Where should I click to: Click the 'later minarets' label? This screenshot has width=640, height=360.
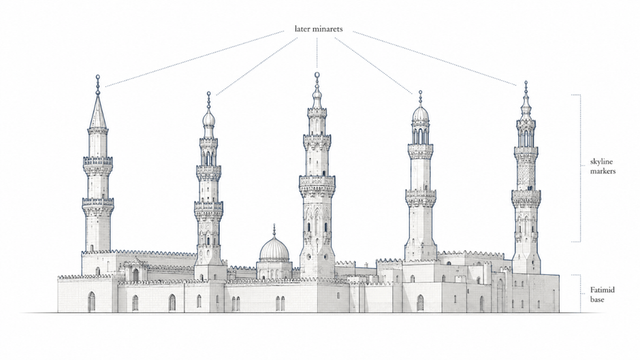[319, 29]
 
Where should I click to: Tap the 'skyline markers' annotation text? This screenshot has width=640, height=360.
[603, 166]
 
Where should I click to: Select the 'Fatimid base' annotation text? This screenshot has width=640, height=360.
[602, 295]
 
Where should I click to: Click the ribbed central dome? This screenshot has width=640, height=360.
[274, 250]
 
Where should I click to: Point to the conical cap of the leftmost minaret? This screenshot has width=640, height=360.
[97, 112]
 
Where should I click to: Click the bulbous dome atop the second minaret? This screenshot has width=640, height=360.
[208, 118]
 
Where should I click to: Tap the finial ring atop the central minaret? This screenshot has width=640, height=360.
[317, 75]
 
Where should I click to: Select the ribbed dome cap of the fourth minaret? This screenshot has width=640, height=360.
[420, 114]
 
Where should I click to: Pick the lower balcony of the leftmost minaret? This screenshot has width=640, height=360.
[98, 203]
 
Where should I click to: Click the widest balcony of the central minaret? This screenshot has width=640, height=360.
[317, 181]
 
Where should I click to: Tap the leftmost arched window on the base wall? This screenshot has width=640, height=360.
[91, 301]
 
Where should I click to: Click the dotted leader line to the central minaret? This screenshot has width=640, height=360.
[317, 53]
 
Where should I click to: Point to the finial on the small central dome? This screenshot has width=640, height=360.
[274, 230]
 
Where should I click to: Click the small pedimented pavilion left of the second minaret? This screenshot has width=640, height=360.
[135, 270]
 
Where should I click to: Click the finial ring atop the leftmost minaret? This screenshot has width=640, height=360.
[97, 77]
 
